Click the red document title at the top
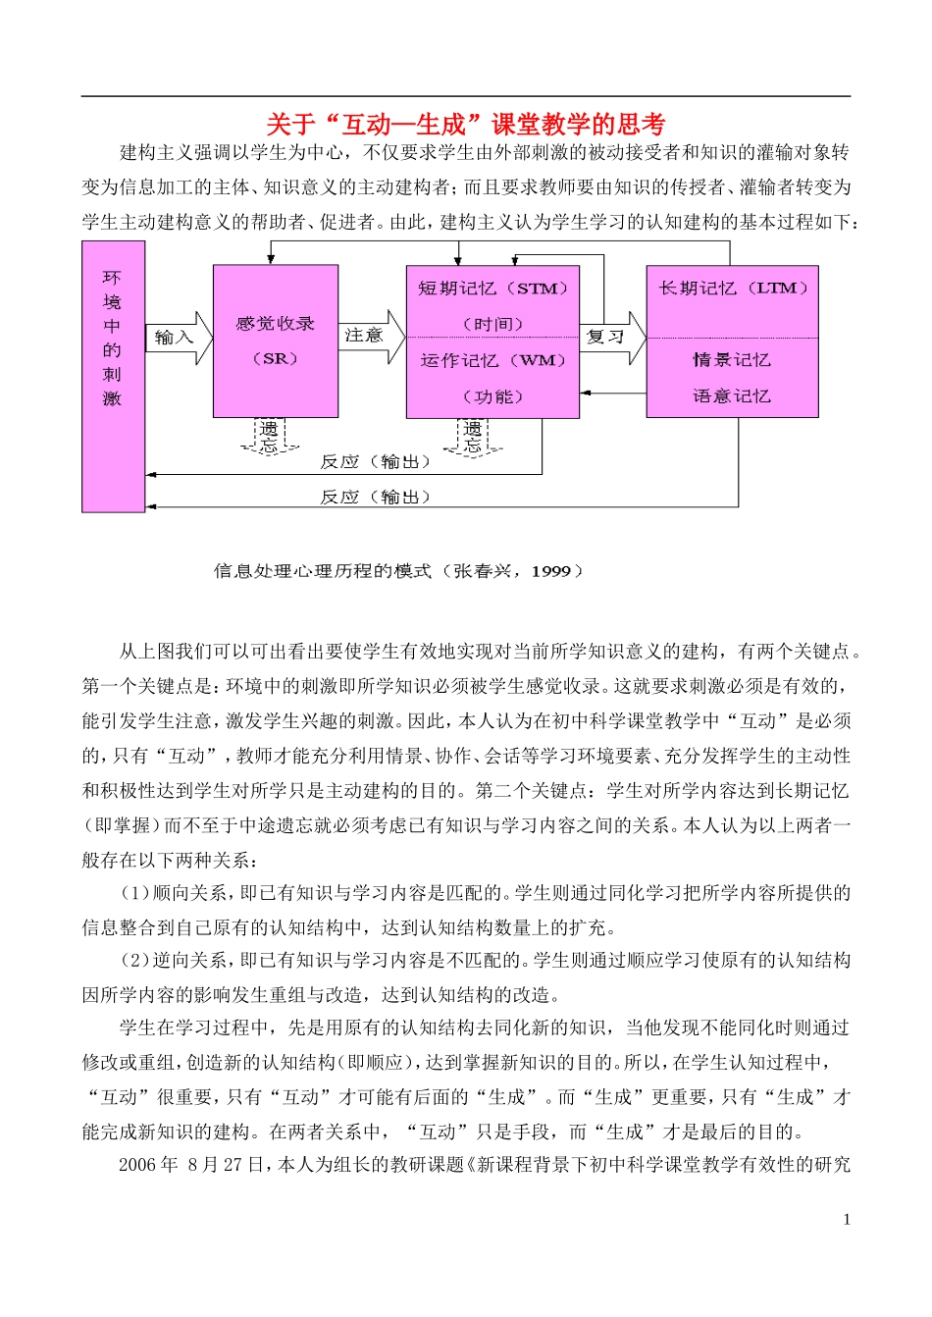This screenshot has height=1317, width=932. [466, 125]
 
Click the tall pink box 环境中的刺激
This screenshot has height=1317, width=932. [113, 377]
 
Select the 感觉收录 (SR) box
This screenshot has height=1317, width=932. [276, 341]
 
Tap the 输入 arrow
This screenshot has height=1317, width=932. [178, 338]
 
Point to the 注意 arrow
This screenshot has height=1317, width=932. [371, 337]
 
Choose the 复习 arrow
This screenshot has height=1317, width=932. [611, 338]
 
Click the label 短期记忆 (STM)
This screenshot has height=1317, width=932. [492, 289]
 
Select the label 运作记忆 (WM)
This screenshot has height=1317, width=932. [492, 360]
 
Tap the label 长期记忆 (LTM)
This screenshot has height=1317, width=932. [733, 289]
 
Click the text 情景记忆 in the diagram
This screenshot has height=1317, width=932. [732, 360]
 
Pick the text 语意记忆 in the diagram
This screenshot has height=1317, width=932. [732, 396]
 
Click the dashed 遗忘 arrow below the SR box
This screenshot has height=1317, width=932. [269, 436]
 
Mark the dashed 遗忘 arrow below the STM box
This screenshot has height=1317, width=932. [473, 436]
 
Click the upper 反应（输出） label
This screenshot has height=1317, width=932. [375, 462]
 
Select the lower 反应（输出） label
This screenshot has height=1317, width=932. [375, 498]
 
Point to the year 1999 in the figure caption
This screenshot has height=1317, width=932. [550, 571]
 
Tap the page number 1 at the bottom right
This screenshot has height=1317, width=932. [847, 1220]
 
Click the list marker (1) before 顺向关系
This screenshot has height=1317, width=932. [133, 893]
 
